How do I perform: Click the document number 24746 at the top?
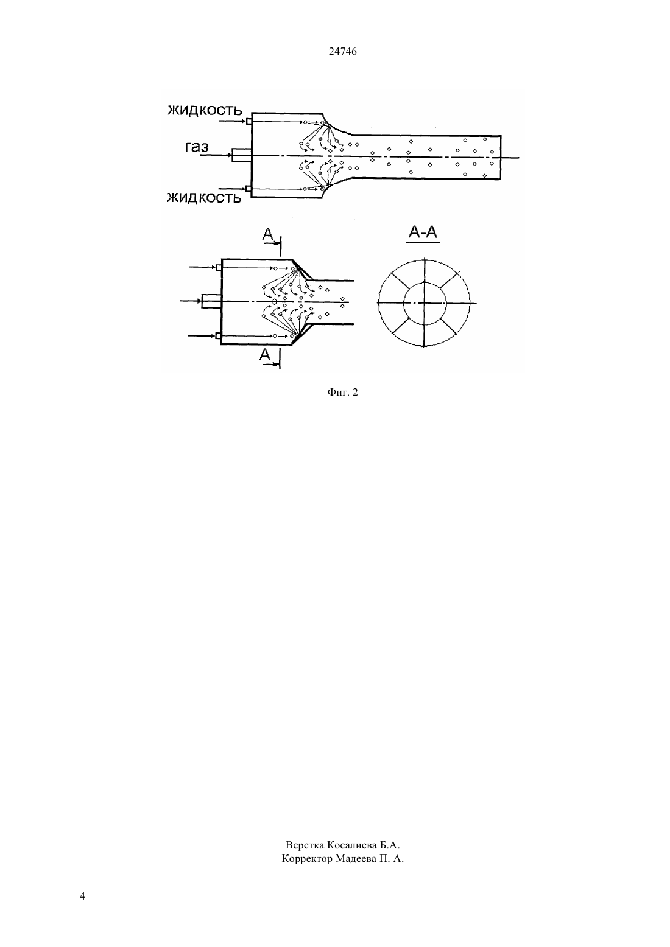click(342, 51)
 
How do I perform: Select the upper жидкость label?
click(205, 110)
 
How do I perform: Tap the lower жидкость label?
click(204, 197)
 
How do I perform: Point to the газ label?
click(197, 147)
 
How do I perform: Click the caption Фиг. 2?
click(342, 393)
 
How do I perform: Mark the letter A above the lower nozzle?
click(268, 234)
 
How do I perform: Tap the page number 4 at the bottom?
click(82, 896)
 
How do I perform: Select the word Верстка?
click(305, 845)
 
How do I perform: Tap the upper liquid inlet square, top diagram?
click(249, 122)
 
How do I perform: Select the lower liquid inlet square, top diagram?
click(249, 189)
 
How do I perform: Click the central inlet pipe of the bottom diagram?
click(211, 301)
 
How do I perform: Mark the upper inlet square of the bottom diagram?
click(219, 268)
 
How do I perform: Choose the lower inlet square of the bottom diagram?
click(219, 336)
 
